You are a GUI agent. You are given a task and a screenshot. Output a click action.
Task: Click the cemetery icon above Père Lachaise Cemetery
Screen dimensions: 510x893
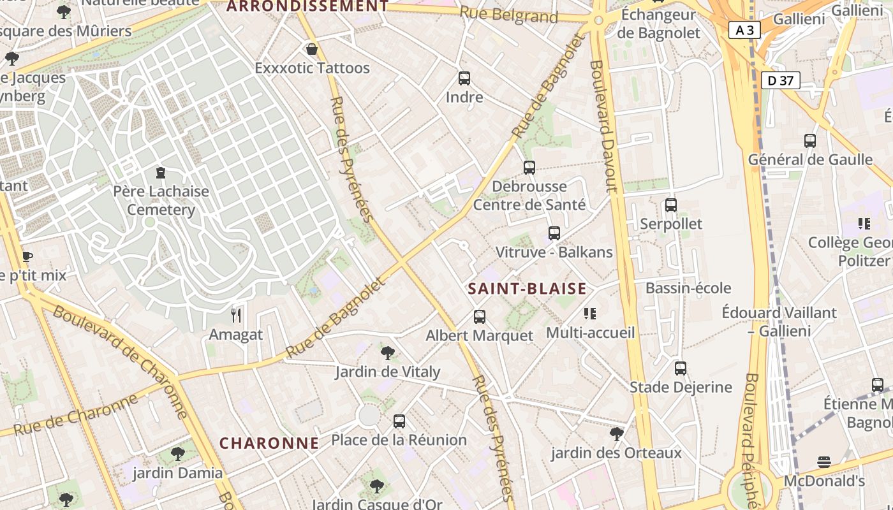160,173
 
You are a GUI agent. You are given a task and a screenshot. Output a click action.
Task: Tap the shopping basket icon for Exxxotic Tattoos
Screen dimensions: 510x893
312,49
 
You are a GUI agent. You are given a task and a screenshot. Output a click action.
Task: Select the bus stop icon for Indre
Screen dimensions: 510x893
464,78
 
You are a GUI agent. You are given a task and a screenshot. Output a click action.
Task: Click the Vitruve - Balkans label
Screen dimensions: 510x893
554,252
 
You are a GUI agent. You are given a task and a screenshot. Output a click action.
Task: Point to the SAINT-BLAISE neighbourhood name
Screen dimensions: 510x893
527,289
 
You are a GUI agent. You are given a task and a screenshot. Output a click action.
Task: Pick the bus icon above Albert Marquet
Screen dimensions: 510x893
479,317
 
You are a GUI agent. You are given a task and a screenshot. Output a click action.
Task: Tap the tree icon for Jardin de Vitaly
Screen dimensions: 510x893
387,353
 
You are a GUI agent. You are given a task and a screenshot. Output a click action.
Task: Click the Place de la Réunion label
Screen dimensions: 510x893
399,440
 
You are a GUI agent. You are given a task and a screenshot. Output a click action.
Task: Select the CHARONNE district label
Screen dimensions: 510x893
269,443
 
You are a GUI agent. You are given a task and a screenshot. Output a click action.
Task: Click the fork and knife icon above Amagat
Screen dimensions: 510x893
236,315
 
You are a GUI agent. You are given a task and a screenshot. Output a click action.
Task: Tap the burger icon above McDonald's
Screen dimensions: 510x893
824,462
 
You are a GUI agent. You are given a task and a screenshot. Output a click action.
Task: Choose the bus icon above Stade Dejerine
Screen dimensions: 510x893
681,368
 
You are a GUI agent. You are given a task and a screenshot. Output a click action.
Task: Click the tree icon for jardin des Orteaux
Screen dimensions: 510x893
616,434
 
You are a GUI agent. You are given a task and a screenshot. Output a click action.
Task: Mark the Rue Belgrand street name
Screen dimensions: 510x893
508,15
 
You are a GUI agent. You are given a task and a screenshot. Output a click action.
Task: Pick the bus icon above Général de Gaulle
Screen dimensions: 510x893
810,141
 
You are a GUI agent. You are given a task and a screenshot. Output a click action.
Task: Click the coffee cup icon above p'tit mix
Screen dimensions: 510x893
27,257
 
